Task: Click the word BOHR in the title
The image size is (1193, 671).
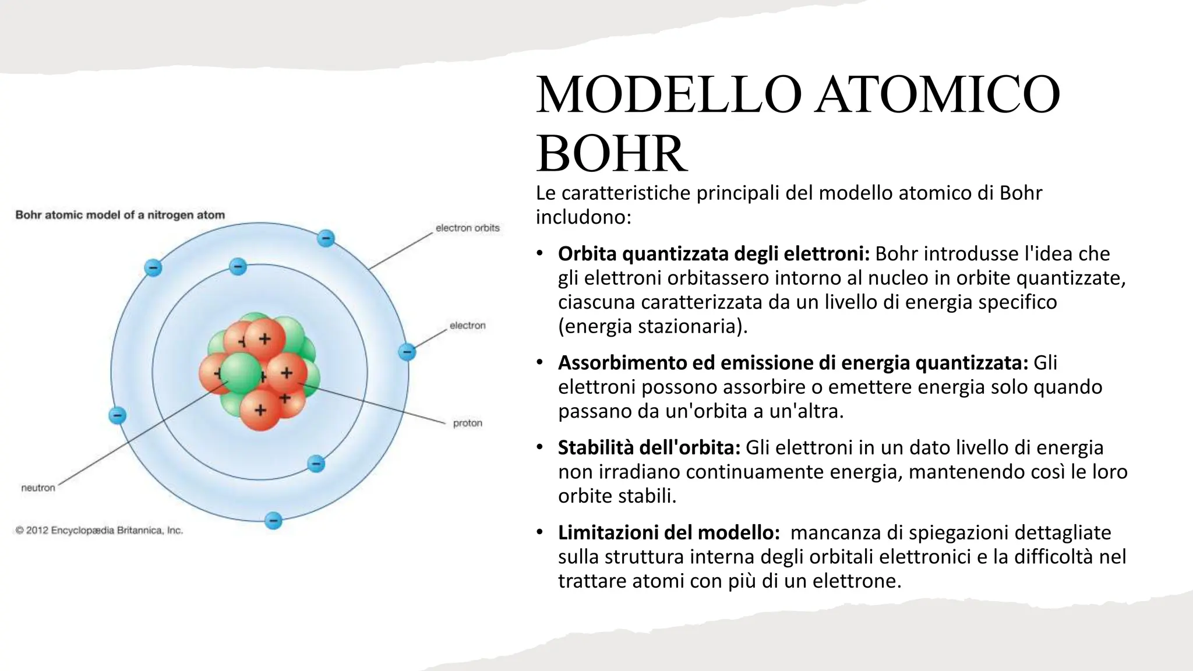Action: pos(611,154)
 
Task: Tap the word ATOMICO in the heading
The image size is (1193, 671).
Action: pos(937,94)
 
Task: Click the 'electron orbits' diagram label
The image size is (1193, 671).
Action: pos(467,228)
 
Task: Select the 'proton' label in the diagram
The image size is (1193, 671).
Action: pos(467,423)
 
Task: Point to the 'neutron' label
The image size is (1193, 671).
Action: pos(38,488)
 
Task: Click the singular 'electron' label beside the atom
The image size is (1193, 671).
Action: pos(467,326)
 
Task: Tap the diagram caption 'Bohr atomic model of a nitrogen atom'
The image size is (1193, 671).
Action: pos(120,215)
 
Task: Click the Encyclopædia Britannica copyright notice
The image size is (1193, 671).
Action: pos(99,531)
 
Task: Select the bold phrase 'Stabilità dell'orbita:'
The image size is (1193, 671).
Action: pos(649,447)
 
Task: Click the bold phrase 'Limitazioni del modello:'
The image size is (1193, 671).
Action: pos(669,532)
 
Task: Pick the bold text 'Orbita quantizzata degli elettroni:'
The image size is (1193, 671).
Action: pos(714,254)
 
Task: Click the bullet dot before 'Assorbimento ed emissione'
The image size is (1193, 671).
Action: pos(540,363)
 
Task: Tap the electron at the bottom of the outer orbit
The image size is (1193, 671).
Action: pos(273,520)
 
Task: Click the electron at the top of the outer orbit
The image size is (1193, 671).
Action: pos(326,238)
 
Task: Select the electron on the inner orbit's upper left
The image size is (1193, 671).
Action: pos(238,267)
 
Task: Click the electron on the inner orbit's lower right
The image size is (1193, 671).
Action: pos(316,464)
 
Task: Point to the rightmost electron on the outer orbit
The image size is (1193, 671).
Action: pos(407,352)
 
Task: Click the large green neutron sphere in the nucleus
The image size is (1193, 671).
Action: pos(241,373)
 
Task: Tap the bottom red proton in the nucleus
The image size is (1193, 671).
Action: pos(260,410)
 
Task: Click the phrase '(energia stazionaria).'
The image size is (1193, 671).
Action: pos(652,326)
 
